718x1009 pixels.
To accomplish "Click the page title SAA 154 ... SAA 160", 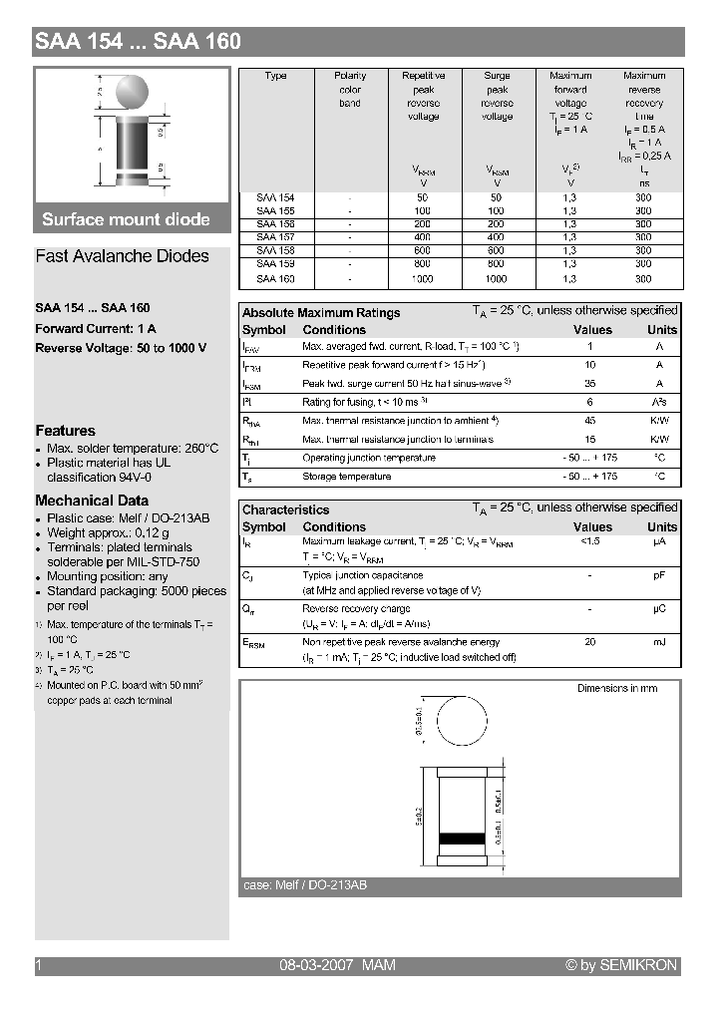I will [x=138, y=42].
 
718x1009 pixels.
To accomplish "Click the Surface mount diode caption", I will [x=126, y=219].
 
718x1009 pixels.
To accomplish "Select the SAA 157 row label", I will [x=275, y=238].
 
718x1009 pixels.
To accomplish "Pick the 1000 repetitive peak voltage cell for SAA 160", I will [x=423, y=279].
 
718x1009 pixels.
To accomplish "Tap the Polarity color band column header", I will [x=350, y=89].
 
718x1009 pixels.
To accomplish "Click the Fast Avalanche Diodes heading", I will [x=122, y=256].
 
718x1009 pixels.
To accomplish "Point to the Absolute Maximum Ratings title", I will [x=321, y=313].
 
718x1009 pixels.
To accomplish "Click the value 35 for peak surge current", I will [x=590, y=384].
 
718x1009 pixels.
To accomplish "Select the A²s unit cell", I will [x=659, y=402].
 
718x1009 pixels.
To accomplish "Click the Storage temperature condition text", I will [x=346, y=477].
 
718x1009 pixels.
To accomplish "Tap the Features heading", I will [x=65, y=431].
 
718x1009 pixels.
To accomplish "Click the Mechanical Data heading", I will [x=92, y=501].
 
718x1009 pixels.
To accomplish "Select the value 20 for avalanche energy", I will [x=590, y=643].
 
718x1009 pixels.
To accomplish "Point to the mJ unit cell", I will [x=659, y=643].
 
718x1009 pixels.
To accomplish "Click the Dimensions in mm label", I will [x=617, y=689].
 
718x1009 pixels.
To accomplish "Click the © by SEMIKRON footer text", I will [x=620, y=965].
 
